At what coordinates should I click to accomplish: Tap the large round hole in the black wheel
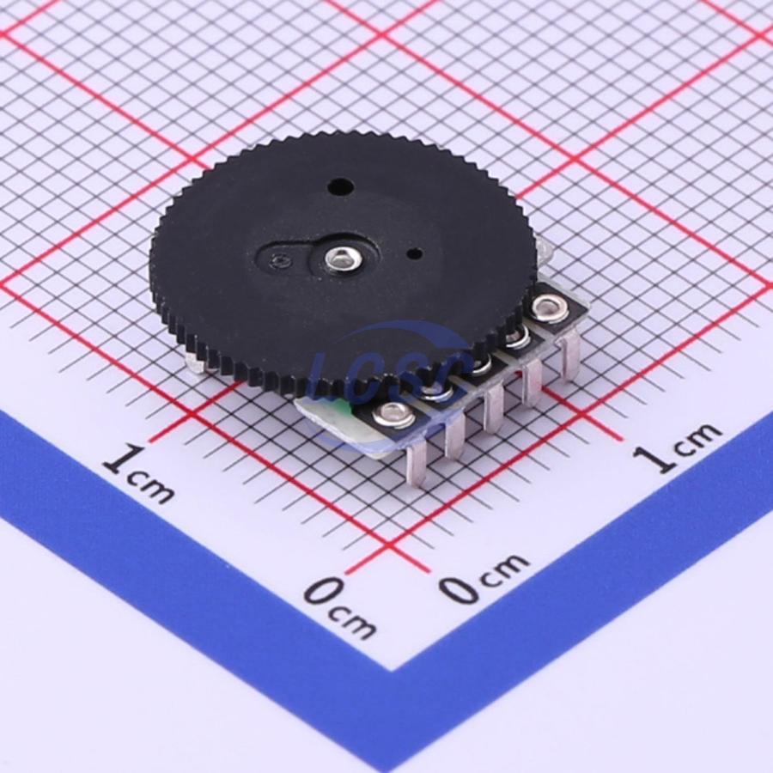point(340,186)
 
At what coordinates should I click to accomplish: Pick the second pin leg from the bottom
point(454,436)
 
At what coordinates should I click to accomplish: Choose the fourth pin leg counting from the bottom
point(531,384)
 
